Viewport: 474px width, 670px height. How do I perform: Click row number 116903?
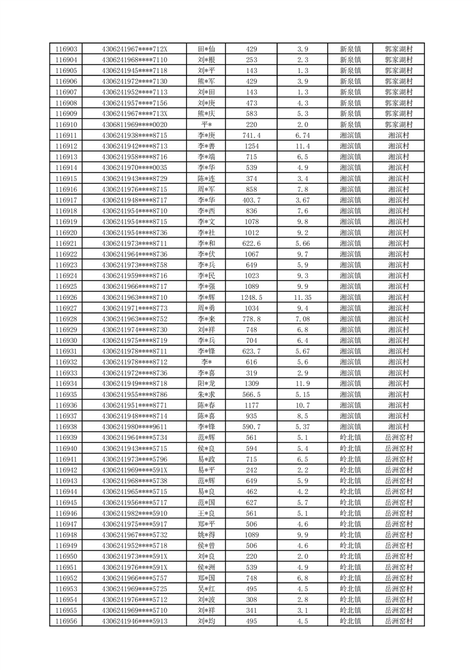(x=66, y=49)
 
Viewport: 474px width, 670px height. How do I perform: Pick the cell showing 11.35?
(x=303, y=297)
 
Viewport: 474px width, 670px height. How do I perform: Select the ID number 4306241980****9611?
(x=135, y=427)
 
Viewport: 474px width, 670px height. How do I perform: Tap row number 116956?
(x=66, y=621)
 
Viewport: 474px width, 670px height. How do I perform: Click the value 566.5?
(x=251, y=395)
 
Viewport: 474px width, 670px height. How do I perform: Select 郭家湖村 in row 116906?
(x=399, y=81)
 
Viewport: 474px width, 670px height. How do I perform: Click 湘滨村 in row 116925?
(x=399, y=287)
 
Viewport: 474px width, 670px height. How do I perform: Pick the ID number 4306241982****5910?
(x=135, y=514)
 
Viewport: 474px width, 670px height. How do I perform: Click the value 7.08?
(x=303, y=319)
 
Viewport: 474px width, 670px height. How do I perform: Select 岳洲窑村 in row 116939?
(x=399, y=438)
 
